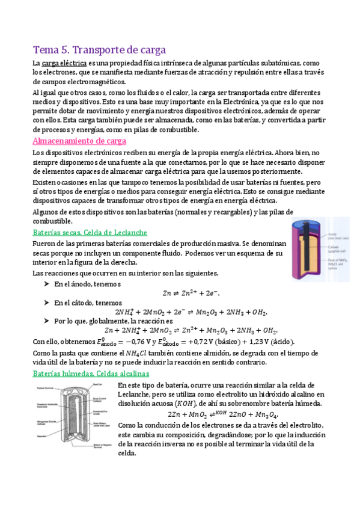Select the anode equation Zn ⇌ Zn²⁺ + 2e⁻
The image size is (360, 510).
tap(190, 293)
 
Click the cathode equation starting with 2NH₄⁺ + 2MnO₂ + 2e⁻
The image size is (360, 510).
tap(191, 312)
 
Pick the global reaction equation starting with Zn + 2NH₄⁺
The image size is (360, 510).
tap(191, 330)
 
